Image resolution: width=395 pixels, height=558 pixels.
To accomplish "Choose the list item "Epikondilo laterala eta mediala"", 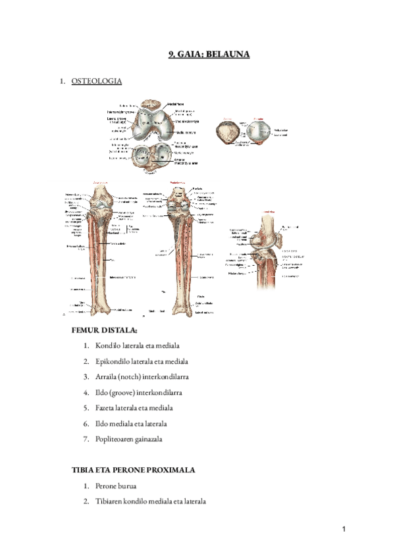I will point(142,361).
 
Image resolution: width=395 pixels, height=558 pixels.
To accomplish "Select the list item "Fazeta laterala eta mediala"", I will point(135,408).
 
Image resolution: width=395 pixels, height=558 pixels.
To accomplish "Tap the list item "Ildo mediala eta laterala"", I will point(131,424).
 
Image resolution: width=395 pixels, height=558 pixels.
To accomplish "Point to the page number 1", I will point(344,530).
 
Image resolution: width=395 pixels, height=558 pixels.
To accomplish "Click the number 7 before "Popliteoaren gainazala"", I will point(86,440).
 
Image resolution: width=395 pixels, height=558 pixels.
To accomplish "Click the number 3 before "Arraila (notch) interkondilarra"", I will point(86,377).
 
